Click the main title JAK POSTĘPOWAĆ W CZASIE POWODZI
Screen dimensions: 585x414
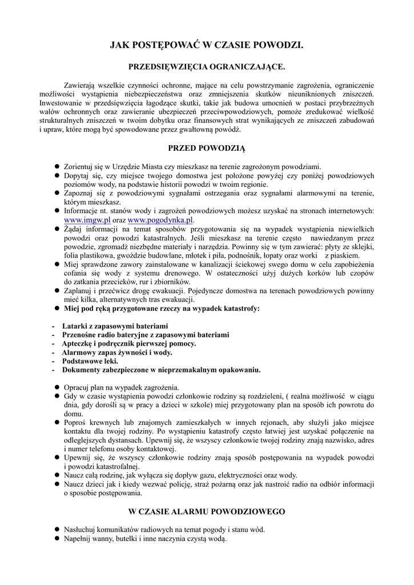tap(207, 45)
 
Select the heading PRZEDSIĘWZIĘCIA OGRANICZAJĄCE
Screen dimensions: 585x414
tap(207, 67)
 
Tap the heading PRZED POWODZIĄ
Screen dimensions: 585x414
tap(206, 149)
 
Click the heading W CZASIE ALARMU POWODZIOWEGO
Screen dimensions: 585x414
tap(206, 511)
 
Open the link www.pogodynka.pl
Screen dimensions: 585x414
tap(161, 219)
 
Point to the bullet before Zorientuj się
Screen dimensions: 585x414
tap(57, 166)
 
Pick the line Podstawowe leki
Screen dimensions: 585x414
tap(90, 361)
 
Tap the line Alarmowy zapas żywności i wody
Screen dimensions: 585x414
tap(108, 352)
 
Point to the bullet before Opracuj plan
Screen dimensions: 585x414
tap(57, 387)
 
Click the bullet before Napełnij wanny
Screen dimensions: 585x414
tap(57, 538)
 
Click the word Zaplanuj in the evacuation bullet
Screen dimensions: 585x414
tap(79, 291)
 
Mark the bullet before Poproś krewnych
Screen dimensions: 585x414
tap(57, 422)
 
